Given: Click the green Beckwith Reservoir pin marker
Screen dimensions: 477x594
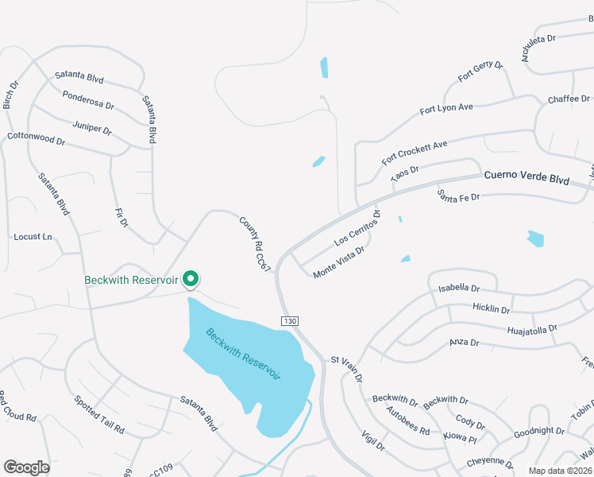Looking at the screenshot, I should [x=191, y=279].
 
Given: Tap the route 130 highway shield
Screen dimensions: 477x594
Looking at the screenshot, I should [x=289, y=320].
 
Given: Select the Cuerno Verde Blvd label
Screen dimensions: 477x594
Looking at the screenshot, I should [x=526, y=180].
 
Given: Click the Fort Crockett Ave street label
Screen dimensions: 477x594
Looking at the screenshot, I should [x=415, y=152].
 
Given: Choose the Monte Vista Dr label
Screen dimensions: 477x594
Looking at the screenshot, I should [x=338, y=262].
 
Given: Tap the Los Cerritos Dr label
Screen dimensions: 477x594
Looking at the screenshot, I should [x=358, y=227].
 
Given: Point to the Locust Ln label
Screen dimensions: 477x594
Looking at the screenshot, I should [x=33, y=237].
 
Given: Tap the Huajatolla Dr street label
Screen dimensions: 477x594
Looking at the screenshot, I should [x=531, y=328].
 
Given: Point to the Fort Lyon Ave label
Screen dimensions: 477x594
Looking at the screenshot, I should [x=446, y=108].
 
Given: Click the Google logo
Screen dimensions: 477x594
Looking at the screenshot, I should [x=26, y=467].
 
